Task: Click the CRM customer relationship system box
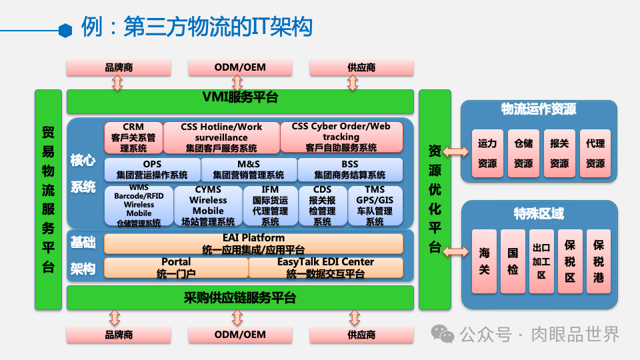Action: [x=133, y=137]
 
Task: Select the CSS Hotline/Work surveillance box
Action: [x=221, y=137]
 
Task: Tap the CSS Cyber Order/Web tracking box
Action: [x=341, y=137]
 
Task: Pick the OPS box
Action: [x=152, y=169]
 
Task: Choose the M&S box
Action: [x=249, y=169]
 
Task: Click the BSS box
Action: [x=350, y=169]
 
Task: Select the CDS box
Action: [x=323, y=205]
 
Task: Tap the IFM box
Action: [x=271, y=205]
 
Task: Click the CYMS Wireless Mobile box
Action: [x=208, y=205]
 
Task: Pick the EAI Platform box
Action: [x=253, y=243]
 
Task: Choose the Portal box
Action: [x=176, y=267]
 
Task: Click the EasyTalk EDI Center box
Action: [x=325, y=267]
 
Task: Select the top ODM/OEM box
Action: [x=240, y=67]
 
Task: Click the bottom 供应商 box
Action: [x=361, y=335]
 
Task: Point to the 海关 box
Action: [x=484, y=261]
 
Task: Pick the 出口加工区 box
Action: [x=541, y=261]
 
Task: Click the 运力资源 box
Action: [x=487, y=153]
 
